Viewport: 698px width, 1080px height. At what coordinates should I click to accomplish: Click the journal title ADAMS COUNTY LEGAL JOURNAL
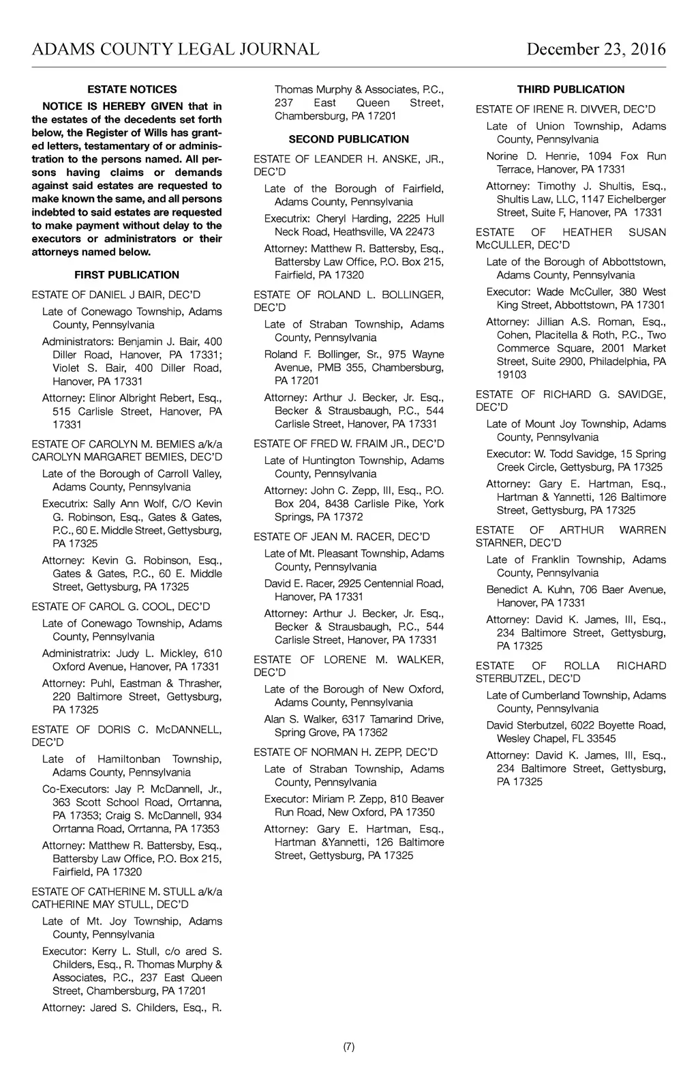(175, 49)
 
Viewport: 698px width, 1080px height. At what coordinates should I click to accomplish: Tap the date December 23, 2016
(596, 49)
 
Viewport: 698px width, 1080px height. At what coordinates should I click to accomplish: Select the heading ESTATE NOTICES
(132, 89)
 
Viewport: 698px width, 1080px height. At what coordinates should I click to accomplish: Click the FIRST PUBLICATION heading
(127, 275)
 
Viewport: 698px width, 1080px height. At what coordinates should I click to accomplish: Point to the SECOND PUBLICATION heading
(349, 139)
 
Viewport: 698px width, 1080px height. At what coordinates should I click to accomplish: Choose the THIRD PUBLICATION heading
(571, 89)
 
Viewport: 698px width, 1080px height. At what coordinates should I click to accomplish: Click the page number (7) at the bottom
(349, 1047)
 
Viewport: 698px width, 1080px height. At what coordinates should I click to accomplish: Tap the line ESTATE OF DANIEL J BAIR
(116, 295)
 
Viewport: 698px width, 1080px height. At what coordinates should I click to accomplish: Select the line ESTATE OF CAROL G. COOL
(121, 607)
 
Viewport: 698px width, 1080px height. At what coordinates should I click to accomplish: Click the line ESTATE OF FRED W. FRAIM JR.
(349, 444)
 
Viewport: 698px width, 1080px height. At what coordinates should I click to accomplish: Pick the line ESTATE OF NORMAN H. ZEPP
(346, 753)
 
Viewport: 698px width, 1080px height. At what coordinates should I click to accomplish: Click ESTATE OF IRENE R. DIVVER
(566, 109)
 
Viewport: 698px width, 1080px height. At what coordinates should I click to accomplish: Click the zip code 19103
(511, 375)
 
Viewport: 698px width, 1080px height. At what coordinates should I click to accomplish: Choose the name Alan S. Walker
(297, 720)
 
